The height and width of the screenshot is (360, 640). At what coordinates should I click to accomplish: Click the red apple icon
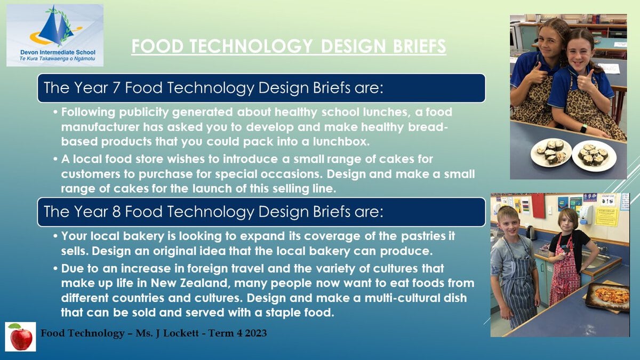[21, 337]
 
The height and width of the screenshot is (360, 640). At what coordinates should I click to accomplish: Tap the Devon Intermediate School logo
[55, 35]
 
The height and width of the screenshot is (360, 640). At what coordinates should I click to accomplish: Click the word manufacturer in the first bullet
[100, 127]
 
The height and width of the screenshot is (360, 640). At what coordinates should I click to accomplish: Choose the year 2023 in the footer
[255, 333]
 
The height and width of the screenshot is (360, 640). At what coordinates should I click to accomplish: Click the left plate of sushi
[551, 153]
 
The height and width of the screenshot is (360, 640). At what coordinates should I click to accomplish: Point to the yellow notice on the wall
[606, 217]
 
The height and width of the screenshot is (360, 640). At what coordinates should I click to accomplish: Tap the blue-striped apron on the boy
[518, 283]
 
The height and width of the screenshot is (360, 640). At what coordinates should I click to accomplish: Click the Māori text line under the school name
[57, 59]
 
